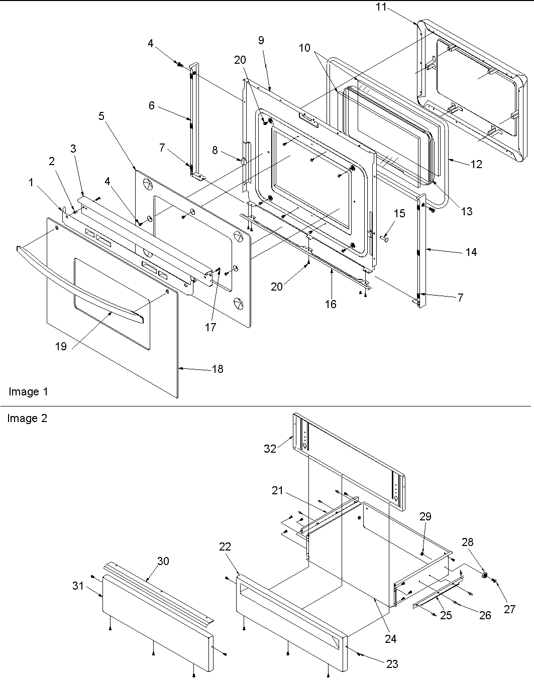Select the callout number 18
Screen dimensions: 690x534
pos(217,369)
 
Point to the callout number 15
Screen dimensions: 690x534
pos(399,214)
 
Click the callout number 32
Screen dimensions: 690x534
pos(270,449)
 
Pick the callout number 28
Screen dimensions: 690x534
pos(467,542)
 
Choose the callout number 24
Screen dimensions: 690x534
pos(390,639)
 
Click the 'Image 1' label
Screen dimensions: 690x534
pos(28,391)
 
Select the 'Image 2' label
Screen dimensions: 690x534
pos(27,418)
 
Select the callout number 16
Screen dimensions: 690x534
pos(331,304)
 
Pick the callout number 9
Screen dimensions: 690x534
pos(261,41)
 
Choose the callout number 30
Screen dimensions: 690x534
pos(163,562)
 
